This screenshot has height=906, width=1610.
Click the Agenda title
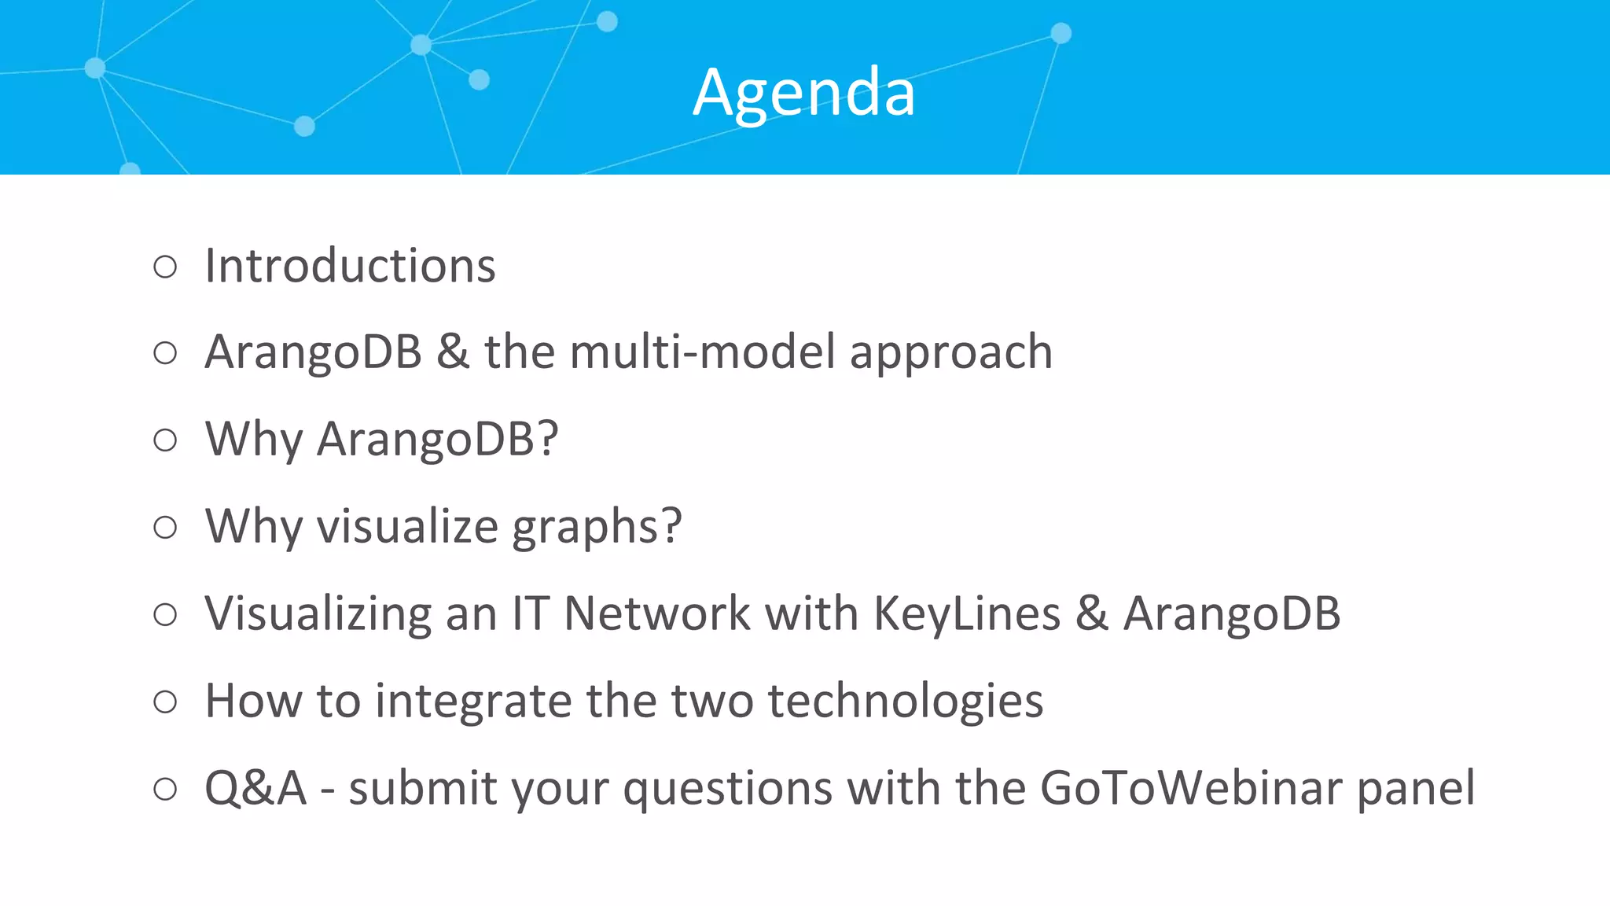point(804,93)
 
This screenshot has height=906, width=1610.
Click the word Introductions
point(350,266)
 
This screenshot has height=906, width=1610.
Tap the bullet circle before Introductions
point(165,267)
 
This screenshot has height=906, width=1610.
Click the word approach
point(951,353)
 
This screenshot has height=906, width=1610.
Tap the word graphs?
point(597,527)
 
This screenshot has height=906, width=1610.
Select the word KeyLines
point(967,613)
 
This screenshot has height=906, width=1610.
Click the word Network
point(657,613)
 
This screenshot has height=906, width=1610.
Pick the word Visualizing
point(318,613)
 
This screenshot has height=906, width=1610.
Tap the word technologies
point(906,702)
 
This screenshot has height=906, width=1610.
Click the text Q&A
point(255,788)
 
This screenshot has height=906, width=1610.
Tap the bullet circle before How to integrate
point(165,702)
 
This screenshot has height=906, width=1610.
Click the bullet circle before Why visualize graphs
point(165,527)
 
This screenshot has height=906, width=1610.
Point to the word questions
point(727,790)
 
